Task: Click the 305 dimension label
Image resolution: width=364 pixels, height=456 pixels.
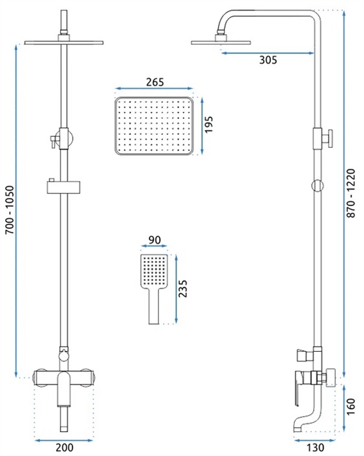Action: (x=268, y=60)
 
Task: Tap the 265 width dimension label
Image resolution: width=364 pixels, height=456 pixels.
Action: (x=155, y=82)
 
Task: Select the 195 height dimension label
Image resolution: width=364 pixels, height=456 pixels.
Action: (x=209, y=124)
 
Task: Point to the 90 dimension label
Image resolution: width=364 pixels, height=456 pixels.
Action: (x=155, y=240)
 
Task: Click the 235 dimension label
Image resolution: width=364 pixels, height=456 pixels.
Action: (x=183, y=289)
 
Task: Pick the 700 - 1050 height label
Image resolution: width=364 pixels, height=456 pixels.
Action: (x=10, y=210)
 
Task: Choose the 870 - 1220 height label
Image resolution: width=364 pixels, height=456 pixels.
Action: (x=352, y=193)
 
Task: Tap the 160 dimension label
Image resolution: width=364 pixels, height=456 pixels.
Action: (x=351, y=406)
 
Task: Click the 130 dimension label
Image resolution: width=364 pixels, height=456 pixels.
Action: (x=315, y=448)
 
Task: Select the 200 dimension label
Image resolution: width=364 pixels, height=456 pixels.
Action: (x=65, y=448)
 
